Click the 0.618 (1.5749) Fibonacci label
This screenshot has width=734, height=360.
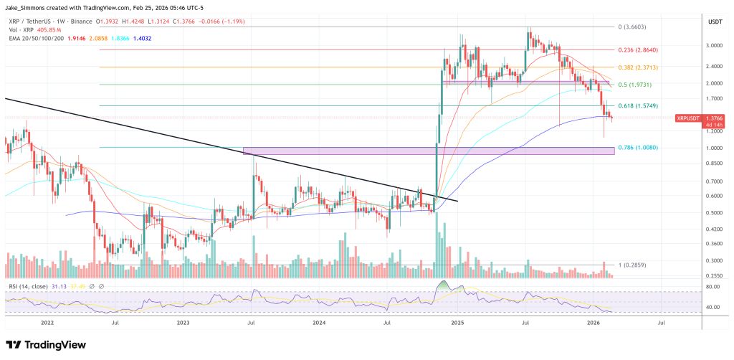637,106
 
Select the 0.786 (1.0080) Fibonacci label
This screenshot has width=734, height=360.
637,148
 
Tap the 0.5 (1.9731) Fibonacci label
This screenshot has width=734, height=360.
636,85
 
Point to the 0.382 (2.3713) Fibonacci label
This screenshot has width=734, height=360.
637,67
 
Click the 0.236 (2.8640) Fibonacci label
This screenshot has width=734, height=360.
637,50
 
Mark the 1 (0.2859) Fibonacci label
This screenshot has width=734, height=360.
633,265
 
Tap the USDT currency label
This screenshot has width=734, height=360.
715,22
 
